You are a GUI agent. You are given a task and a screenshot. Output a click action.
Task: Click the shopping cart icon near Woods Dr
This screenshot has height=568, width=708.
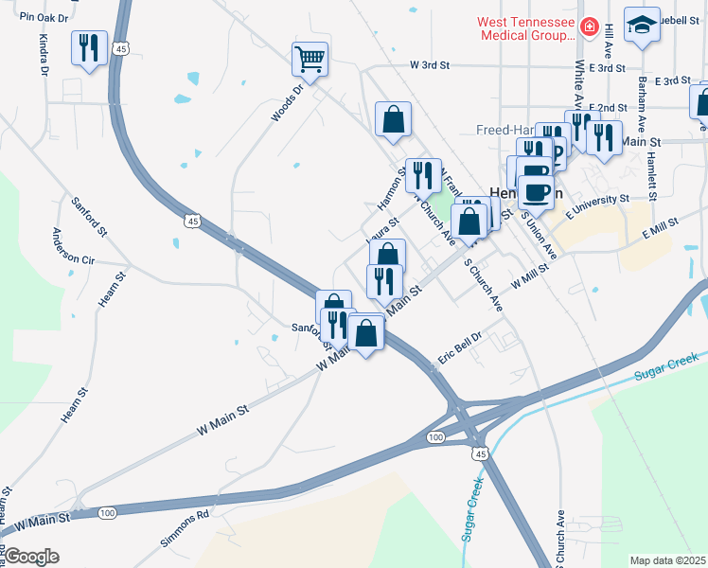tap(310, 60)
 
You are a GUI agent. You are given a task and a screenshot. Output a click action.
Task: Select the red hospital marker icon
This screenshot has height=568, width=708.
tap(591, 27)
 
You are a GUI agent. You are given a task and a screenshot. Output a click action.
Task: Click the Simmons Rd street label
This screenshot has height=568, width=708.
tap(184, 529)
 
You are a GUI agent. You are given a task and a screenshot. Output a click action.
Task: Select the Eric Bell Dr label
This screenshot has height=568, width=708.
tap(461, 348)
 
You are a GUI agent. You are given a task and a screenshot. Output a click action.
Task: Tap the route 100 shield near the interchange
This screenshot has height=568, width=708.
tap(434, 436)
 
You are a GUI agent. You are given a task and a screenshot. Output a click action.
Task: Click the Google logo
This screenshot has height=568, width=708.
tap(31, 557)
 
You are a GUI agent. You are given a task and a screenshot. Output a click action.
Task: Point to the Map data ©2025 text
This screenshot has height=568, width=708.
tap(666, 560)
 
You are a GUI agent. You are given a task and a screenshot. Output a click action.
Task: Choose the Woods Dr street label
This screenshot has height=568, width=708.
tap(286, 103)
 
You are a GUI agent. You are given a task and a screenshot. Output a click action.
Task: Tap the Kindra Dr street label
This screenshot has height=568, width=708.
tap(44, 56)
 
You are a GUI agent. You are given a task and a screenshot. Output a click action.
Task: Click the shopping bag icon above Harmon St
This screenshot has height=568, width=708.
tap(393, 119)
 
